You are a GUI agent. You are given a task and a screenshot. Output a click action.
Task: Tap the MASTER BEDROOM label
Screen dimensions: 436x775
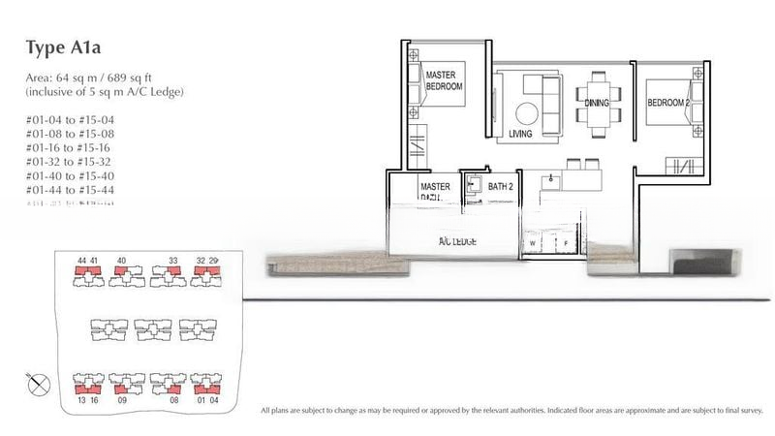tap(444, 78)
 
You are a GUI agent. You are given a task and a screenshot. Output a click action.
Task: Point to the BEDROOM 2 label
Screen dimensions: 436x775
tap(668, 103)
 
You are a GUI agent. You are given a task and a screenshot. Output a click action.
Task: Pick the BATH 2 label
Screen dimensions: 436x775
tap(500, 186)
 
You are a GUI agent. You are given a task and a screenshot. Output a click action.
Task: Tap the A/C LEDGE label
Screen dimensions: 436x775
tap(457, 240)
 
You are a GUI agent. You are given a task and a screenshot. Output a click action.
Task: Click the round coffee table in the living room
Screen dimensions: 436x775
tap(530, 112)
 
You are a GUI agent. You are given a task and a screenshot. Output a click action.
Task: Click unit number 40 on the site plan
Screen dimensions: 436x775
tap(121, 260)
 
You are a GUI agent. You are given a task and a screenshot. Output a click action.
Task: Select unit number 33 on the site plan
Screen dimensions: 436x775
tap(173, 260)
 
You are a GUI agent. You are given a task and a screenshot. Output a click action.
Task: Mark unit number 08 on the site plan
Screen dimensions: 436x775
tap(174, 398)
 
